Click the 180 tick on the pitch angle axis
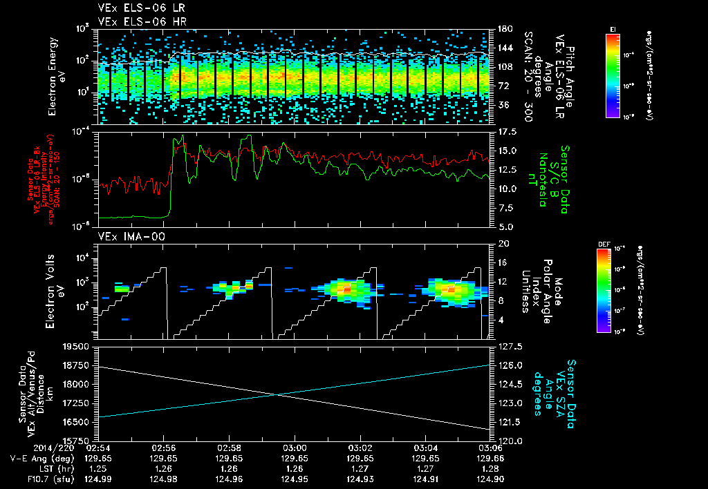click(503, 29)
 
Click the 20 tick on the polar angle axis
click(503, 244)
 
